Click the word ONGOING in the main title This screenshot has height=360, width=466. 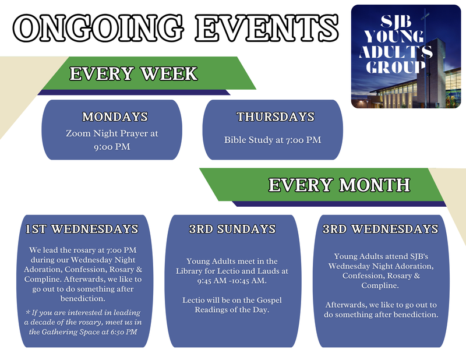click(x=98, y=27)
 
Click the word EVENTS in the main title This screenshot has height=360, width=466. click(x=267, y=27)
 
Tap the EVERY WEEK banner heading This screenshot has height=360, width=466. click(x=133, y=73)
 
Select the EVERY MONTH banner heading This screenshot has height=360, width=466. click(x=339, y=185)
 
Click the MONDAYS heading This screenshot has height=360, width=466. click(x=115, y=117)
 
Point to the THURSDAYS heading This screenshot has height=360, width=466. click(x=276, y=117)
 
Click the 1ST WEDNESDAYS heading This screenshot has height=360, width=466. click(x=82, y=229)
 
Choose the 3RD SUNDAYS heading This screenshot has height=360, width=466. click(x=232, y=229)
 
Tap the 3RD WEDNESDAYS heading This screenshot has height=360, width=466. click(x=380, y=229)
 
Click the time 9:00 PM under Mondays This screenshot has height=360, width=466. click(x=112, y=147)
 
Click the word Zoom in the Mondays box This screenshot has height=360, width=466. click(x=79, y=133)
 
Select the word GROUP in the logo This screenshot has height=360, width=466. click(x=396, y=67)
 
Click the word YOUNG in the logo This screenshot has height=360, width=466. click(x=394, y=37)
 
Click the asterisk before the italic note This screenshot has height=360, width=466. click(x=28, y=312)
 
